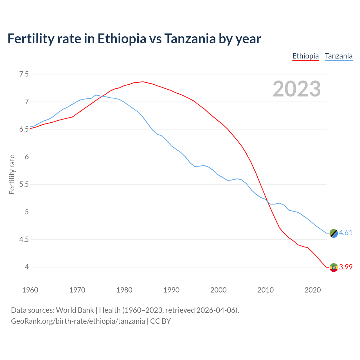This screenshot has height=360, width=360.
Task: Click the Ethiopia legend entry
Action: [305, 56]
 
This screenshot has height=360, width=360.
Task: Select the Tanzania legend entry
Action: [339, 56]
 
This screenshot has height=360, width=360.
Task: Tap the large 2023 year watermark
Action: [297, 89]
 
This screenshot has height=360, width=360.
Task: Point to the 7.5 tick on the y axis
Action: [24, 74]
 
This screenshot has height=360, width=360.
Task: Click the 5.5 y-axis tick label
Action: [24, 184]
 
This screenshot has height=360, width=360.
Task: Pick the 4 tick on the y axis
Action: [27, 267]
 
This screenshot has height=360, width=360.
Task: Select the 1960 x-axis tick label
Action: [30, 290]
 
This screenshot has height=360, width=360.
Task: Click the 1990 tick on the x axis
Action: [171, 290]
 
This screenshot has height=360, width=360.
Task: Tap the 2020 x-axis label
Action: [312, 290]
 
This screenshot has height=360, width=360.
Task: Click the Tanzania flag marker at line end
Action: [334, 233]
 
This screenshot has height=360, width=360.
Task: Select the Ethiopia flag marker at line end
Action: [334, 267]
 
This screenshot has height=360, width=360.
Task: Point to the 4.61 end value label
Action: [346, 233]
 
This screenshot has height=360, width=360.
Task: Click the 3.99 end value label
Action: [346, 267]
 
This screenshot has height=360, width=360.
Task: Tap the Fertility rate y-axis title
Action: [12, 174]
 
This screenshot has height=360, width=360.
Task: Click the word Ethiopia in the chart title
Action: [122, 39]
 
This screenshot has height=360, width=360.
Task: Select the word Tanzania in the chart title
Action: [190, 39]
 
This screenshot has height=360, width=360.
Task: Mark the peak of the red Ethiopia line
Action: [143, 82]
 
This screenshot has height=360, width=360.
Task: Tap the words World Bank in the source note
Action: [75, 310]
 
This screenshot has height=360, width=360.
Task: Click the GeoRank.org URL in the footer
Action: [78, 321]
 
